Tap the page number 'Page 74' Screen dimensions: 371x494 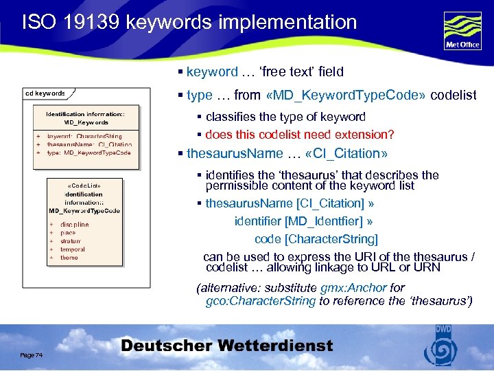[32, 355]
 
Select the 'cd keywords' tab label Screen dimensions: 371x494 [45, 93]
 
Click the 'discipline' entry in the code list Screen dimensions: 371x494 [74, 225]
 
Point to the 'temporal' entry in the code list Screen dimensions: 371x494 [73, 249]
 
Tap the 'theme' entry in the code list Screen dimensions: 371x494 [69, 258]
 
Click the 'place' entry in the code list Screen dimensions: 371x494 [68, 233]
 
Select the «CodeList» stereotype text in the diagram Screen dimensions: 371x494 [85, 185]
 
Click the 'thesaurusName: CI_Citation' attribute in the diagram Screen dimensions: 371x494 [89, 145]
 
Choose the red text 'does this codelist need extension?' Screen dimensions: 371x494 [300, 135]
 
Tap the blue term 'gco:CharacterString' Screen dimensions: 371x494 [261, 301]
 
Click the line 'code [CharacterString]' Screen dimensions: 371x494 [316, 239]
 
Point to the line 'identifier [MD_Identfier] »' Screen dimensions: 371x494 [303, 221]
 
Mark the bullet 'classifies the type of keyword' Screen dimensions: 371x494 [285, 117]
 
